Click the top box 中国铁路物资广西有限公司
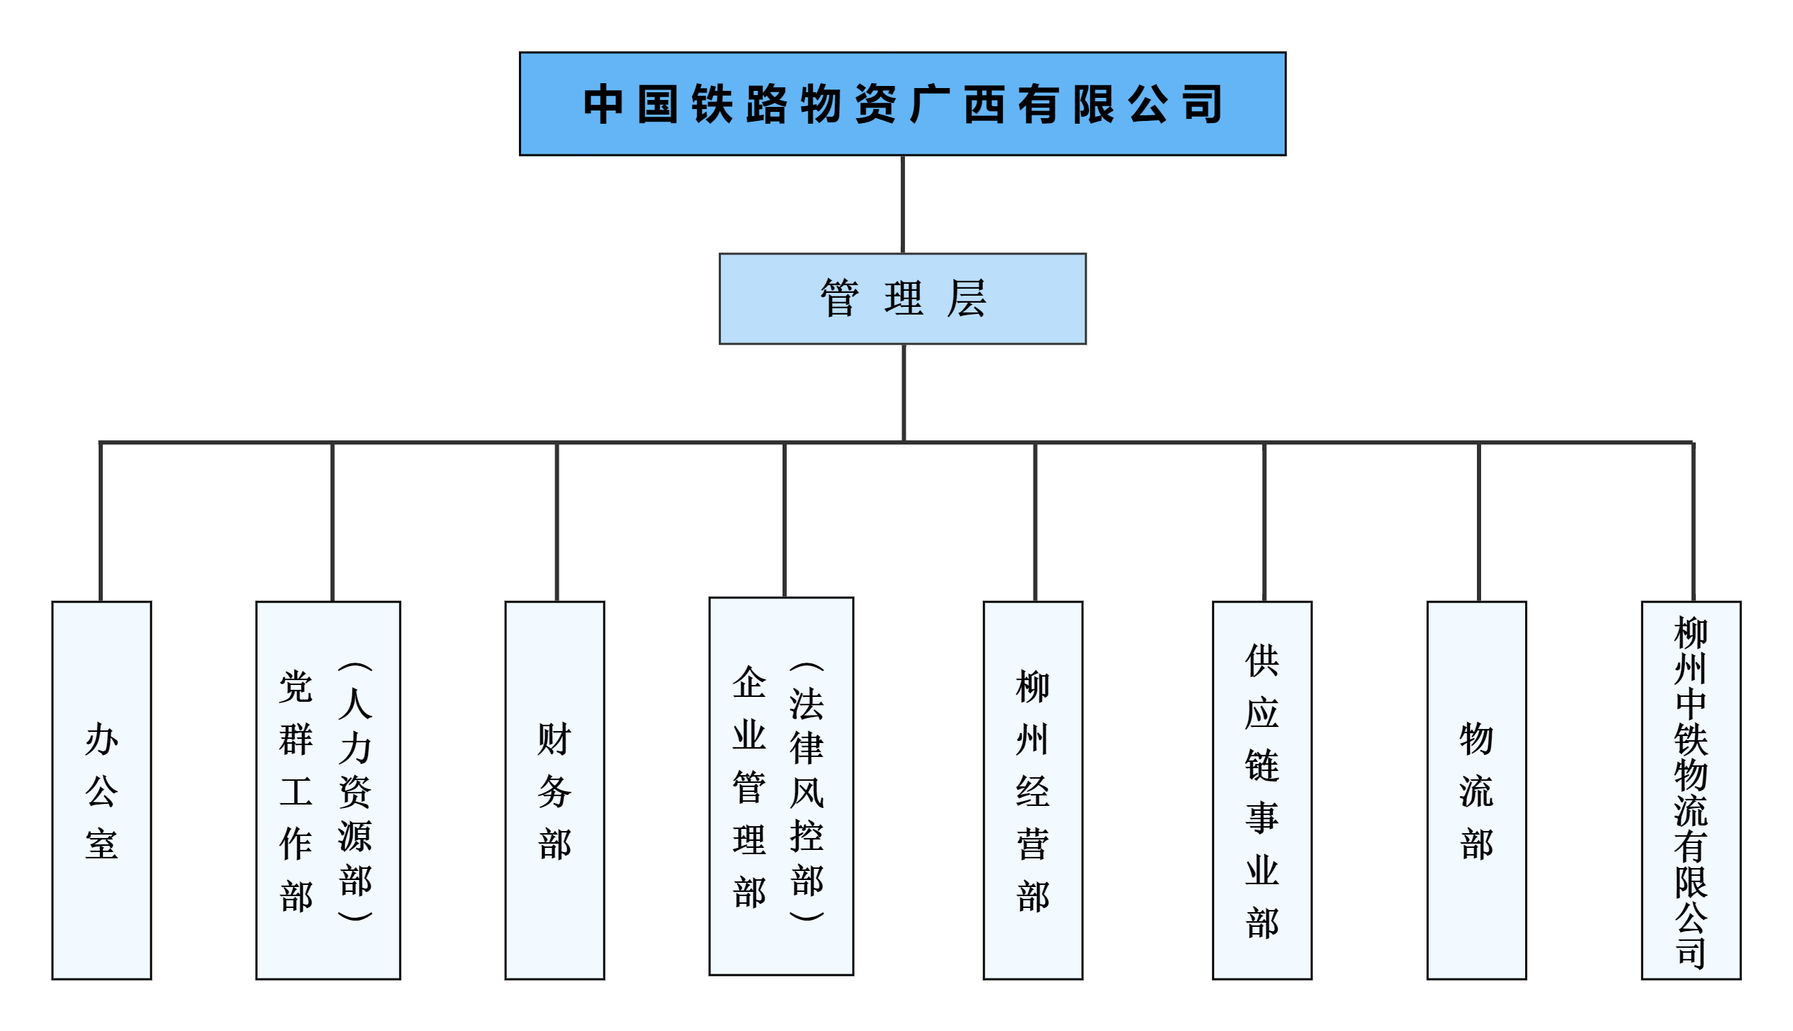pyautogui.click(x=902, y=103)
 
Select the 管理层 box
pyautogui.click(x=902, y=298)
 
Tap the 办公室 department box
pyautogui.click(x=101, y=790)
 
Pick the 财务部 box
pyautogui.click(x=554, y=790)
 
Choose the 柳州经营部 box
pyautogui.click(x=1032, y=790)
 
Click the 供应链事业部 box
pyautogui.click(x=1262, y=790)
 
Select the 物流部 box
pyautogui.click(x=1476, y=790)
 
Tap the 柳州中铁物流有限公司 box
pyautogui.click(x=1691, y=790)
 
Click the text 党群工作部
pyautogui.click(x=295, y=791)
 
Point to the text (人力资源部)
pyautogui.click(x=355, y=791)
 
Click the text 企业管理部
pyautogui.click(x=749, y=786)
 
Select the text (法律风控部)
pyautogui.click(x=807, y=791)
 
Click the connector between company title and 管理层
pyautogui.click(x=903, y=204)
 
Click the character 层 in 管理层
pyautogui.click(x=966, y=298)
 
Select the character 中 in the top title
pyautogui.click(x=603, y=104)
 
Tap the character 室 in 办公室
pyautogui.click(x=101, y=844)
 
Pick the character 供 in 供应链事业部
pyautogui.click(x=1262, y=660)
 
